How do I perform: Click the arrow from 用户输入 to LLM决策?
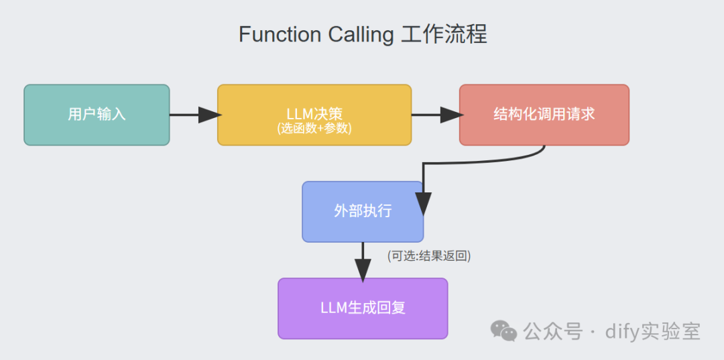coord(194,115)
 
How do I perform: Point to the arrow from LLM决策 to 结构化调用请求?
coord(436,115)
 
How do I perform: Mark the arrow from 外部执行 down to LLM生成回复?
coord(363,260)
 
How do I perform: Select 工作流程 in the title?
coord(444,35)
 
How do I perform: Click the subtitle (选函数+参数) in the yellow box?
coord(314,128)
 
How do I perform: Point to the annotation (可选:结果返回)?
coord(429,255)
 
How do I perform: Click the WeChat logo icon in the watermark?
coord(503,330)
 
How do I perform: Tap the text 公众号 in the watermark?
coord(552,331)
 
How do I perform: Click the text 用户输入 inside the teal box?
coord(97,115)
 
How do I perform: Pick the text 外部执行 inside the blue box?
coord(363,211)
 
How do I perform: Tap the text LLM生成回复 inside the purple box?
coord(363,308)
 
